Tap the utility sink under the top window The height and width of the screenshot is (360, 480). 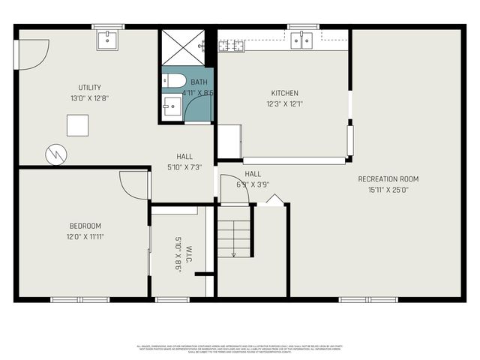(x=108, y=39)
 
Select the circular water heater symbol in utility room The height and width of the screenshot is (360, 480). (x=56, y=154)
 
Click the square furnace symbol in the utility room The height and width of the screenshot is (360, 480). (x=77, y=124)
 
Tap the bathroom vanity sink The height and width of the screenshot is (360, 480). (x=172, y=106)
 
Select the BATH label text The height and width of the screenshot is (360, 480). (x=199, y=82)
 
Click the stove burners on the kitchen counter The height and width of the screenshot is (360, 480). (x=231, y=46)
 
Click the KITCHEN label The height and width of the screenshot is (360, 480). (x=284, y=94)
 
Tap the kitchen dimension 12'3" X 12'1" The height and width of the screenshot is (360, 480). (x=284, y=104)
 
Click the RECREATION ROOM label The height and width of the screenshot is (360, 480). (x=388, y=179)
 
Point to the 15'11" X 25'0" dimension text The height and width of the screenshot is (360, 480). (x=388, y=190)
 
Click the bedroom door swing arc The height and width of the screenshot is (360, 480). (x=136, y=185)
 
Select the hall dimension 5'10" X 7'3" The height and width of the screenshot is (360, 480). (x=184, y=167)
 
